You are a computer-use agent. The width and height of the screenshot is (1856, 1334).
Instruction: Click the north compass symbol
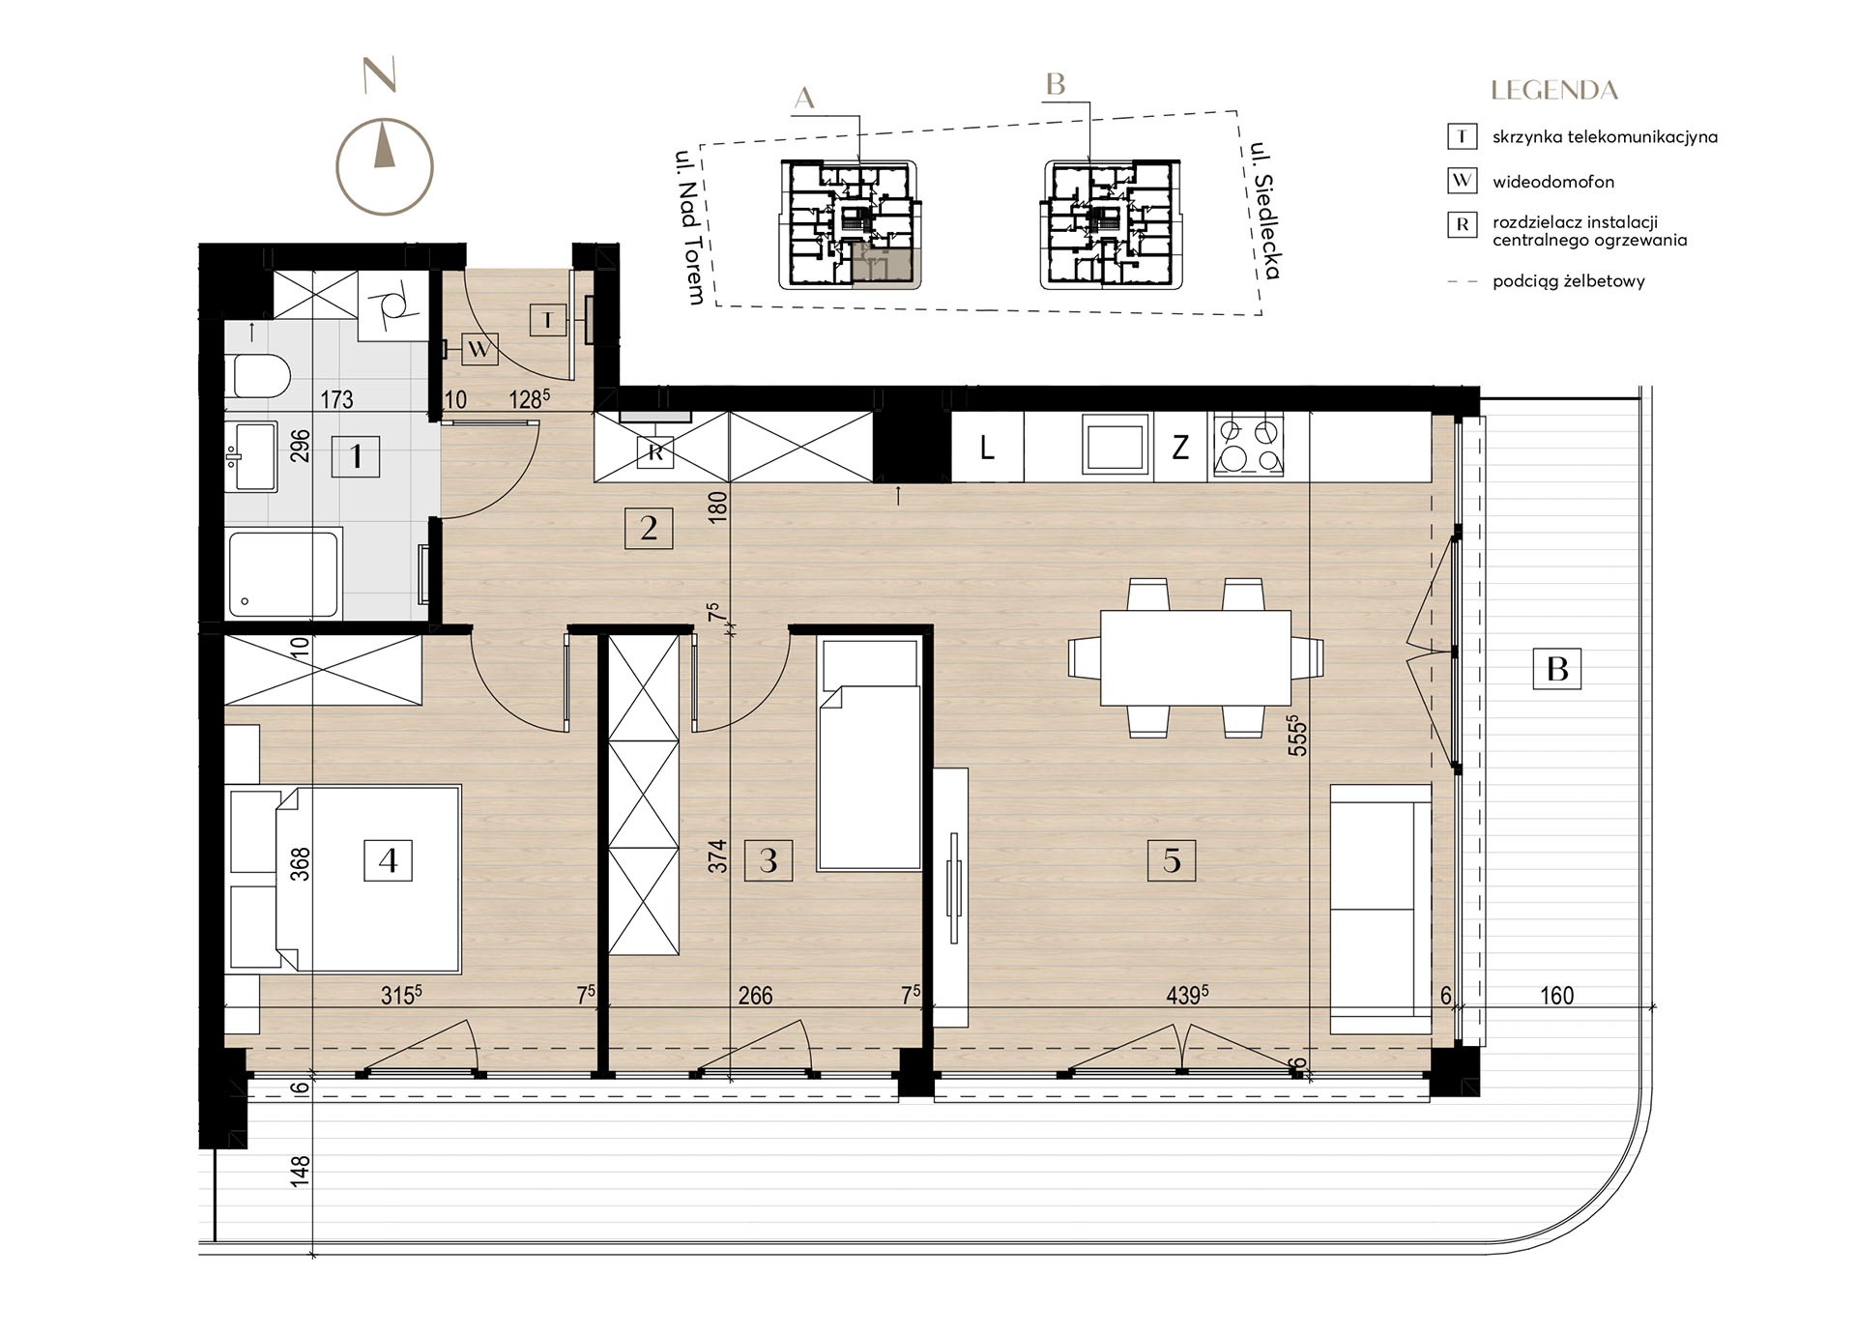[x=384, y=166]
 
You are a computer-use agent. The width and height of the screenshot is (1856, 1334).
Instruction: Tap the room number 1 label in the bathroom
[x=356, y=455]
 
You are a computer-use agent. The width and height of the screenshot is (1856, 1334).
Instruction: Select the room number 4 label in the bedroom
[x=388, y=860]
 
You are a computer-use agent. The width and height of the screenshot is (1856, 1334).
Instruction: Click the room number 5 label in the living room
[x=1172, y=860]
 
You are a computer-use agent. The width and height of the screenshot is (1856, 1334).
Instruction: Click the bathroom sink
[x=251, y=456]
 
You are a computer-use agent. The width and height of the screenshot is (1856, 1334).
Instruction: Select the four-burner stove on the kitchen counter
[x=1249, y=446]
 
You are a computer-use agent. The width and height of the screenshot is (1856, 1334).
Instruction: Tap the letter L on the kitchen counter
[x=987, y=448]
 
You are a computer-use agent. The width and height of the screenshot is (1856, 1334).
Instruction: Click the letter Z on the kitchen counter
[x=1180, y=448]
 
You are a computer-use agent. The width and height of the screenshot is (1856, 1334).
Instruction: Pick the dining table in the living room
[x=1196, y=657]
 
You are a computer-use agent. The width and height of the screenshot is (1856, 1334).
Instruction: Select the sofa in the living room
[x=1380, y=910]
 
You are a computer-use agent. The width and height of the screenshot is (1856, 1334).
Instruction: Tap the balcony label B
[x=1556, y=668]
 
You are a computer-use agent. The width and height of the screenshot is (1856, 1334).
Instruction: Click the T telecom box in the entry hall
[x=548, y=320]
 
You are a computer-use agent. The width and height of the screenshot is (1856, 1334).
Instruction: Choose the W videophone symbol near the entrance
[x=479, y=347]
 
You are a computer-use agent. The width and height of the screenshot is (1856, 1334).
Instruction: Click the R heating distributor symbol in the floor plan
[x=655, y=451]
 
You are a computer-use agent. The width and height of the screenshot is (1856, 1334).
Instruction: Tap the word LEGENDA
[x=1554, y=91]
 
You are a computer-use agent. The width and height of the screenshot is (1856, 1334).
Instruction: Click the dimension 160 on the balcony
[x=1556, y=996]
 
